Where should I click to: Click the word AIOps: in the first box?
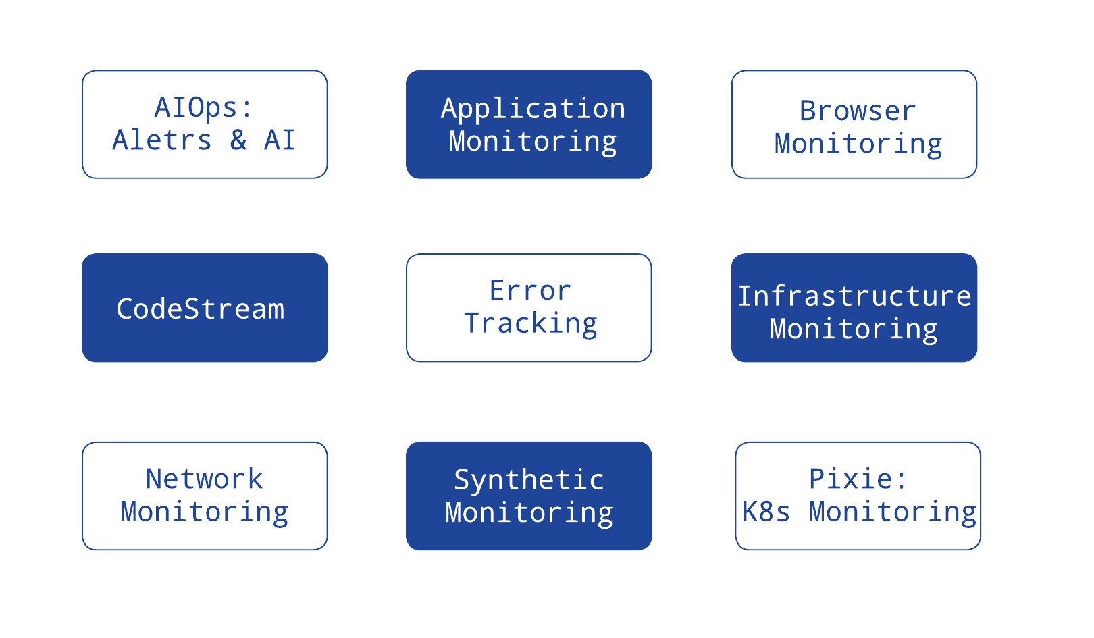click(x=203, y=107)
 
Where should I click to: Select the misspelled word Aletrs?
click(x=162, y=140)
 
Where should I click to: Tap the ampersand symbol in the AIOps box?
click(x=238, y=140)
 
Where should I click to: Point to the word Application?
click(x=533, y=109)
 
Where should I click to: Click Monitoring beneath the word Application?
click(x=533, y=142)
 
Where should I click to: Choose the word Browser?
click(x=858, y=111)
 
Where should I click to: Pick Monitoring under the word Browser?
click(x=858, y=144)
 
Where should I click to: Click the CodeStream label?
click(x=201, y=309)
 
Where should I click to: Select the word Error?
click(x=530, y=291)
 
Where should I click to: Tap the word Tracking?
click(x=530, y=323)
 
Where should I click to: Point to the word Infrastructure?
click(x=854, y=296)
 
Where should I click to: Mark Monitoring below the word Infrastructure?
click(x=854, y=329)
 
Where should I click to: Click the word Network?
click(x=204, y=479)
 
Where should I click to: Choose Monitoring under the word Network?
click(x=204, y=512)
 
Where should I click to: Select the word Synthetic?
click(x=529, y=480)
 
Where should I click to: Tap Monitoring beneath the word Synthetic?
click(x=529, y=512)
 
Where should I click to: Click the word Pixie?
click(x=858, y=479)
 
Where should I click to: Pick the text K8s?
click(x=766, y=512)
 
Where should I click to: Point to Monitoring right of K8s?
click(x=893, y=512)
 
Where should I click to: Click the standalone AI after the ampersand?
click(x=280, y=140)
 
